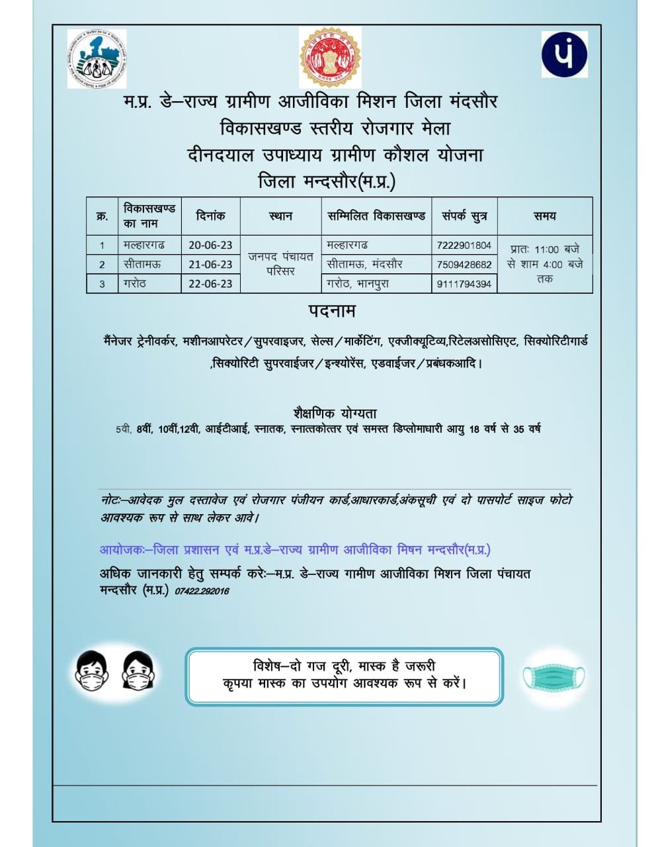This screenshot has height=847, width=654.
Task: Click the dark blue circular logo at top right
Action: pos(564,54)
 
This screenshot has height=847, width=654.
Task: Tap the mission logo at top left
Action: pos(97,59)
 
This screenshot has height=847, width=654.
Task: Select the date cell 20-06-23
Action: pos(210,245)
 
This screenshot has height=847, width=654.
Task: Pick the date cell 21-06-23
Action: pos(210,264)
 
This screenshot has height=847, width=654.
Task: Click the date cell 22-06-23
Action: pos(210,283)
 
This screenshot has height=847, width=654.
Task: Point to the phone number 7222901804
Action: pos(464,245)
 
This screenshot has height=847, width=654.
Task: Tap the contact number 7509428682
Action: pos(464,264)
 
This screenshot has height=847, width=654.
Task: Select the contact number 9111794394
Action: pos(464,284)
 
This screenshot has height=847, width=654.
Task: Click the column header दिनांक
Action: pos(210,216)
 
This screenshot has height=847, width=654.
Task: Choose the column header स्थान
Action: pos(280,216)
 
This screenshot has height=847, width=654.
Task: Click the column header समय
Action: pos(544,216)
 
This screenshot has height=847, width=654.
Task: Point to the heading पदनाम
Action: pos(331,310)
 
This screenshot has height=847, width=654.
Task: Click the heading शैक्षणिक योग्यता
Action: pos(335,413)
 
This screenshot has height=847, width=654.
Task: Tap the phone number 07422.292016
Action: pos(202,591)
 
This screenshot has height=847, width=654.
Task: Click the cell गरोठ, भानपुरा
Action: pos(358,284)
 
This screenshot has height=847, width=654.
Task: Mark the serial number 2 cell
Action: pos(102,265)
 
